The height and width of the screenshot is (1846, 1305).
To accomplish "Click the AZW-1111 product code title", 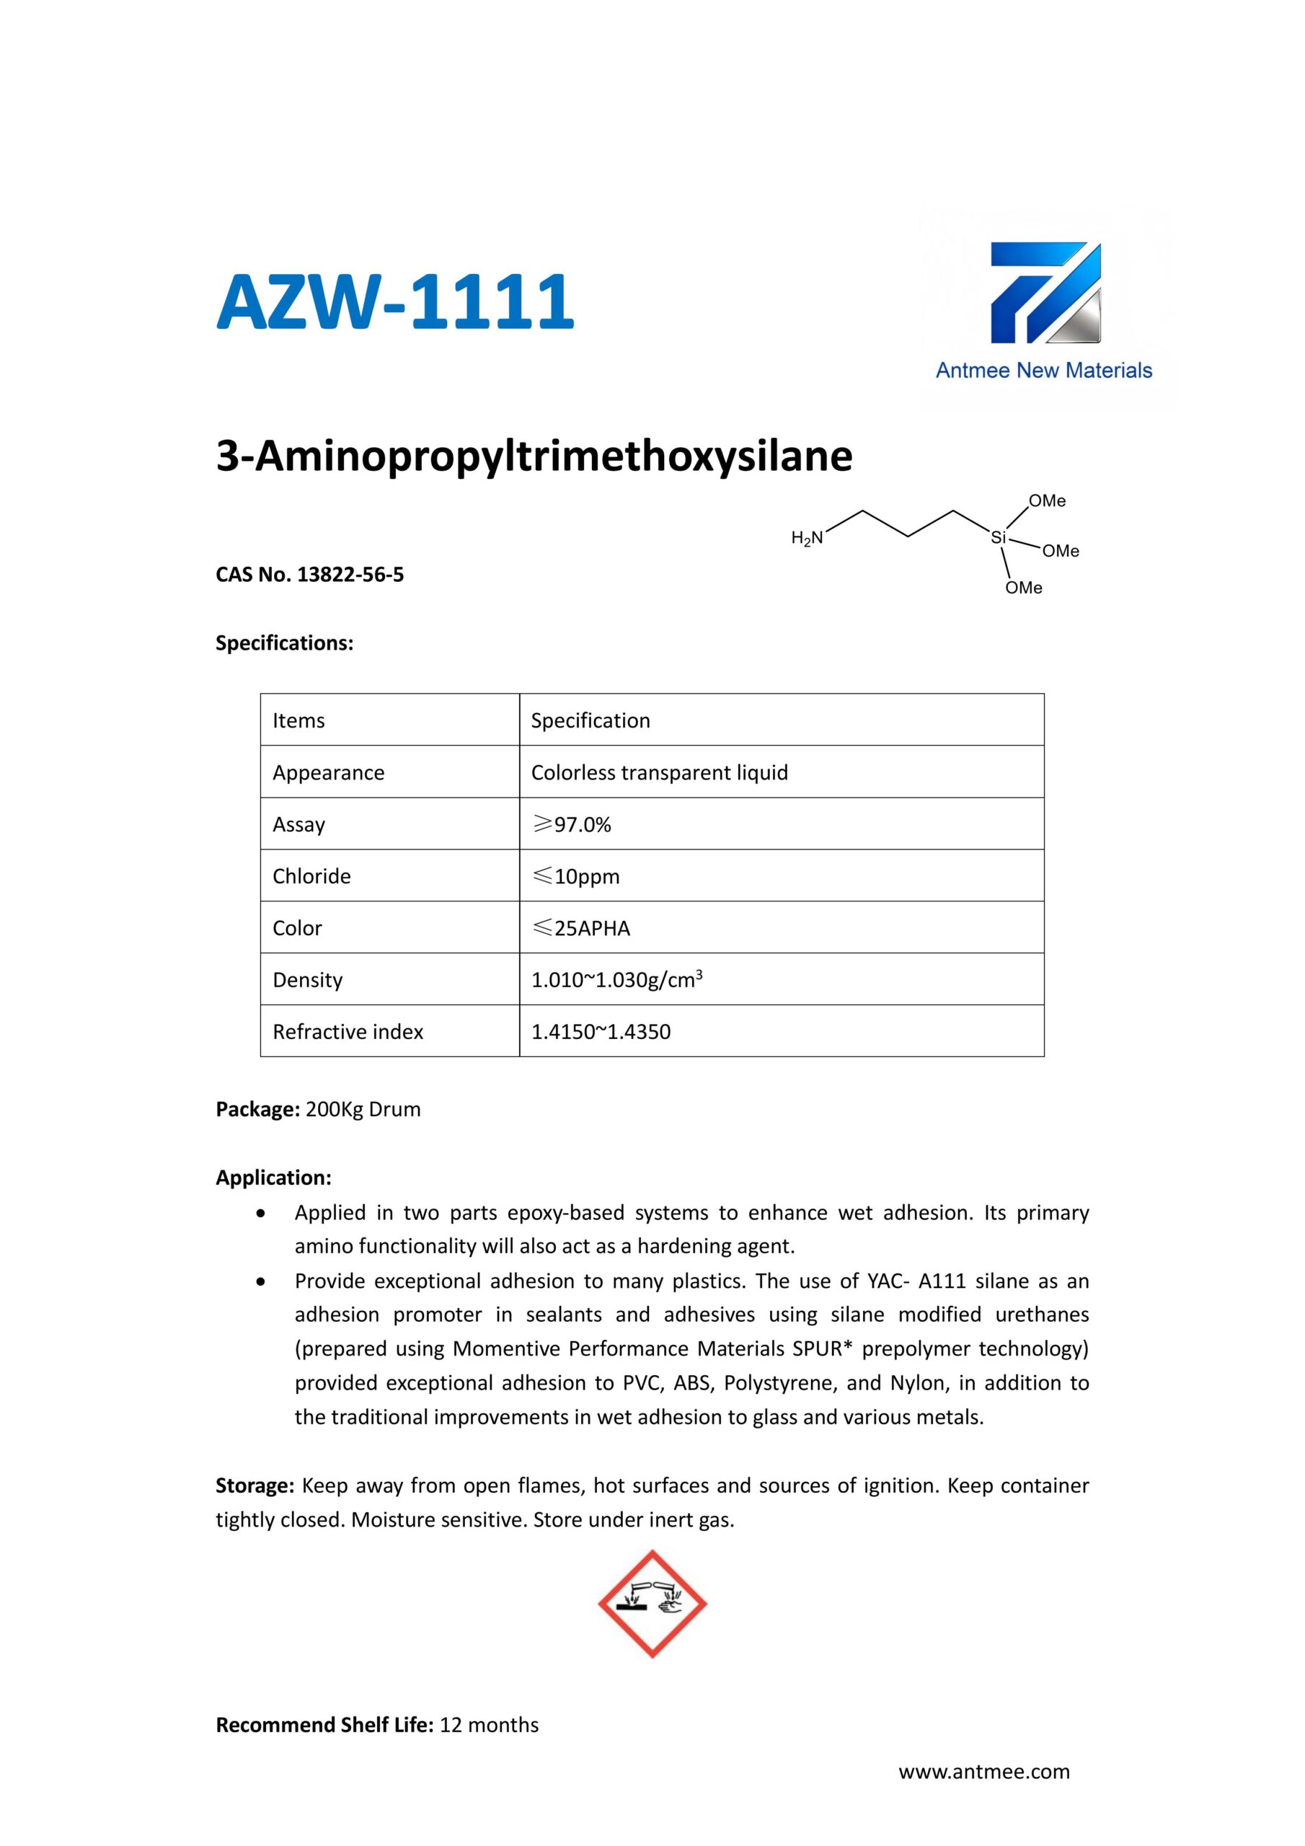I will pyautogui.click(x=395, y=302).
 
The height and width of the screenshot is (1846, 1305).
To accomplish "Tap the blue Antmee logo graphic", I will pyautogui.click(x=1045, y=294).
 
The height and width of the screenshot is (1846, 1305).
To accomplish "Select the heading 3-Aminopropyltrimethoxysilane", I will pyautogui.click(x=534, y=456).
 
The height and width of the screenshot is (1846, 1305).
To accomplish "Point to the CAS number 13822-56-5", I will pyautogui.click(x=350, y=575).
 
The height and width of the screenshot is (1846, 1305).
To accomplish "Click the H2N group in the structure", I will pyautogui.click(x=808, y=538).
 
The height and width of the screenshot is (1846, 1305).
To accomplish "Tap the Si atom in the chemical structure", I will pyautogui.click(x=998, y=538).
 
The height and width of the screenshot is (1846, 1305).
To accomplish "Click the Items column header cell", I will pyautogui.click(x=298, y=720).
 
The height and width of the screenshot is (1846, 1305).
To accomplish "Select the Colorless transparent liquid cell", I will pyautogui.click(x=659, y=772).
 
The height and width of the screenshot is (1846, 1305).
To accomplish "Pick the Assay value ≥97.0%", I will pyautogui.click(x=572, y=825).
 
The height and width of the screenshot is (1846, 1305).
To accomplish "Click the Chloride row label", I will pyautogui.click(x=311, y=876).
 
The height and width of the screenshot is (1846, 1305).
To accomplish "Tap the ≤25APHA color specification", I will pyautogui.click(x=581, y=929).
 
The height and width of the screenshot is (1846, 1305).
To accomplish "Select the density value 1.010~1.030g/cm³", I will pyautogui.click(x=616, y=980).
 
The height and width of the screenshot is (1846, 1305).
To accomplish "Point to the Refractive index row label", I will pyautogui.click(x=348, y=1033).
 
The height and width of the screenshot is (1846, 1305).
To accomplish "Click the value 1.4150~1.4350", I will pyautogui.click(x=601, y=1033).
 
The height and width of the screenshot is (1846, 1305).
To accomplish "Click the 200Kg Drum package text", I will pyautogui.click(x=363, y=1110).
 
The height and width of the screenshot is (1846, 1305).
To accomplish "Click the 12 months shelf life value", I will pyautogui.click(x=489, y=1726).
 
